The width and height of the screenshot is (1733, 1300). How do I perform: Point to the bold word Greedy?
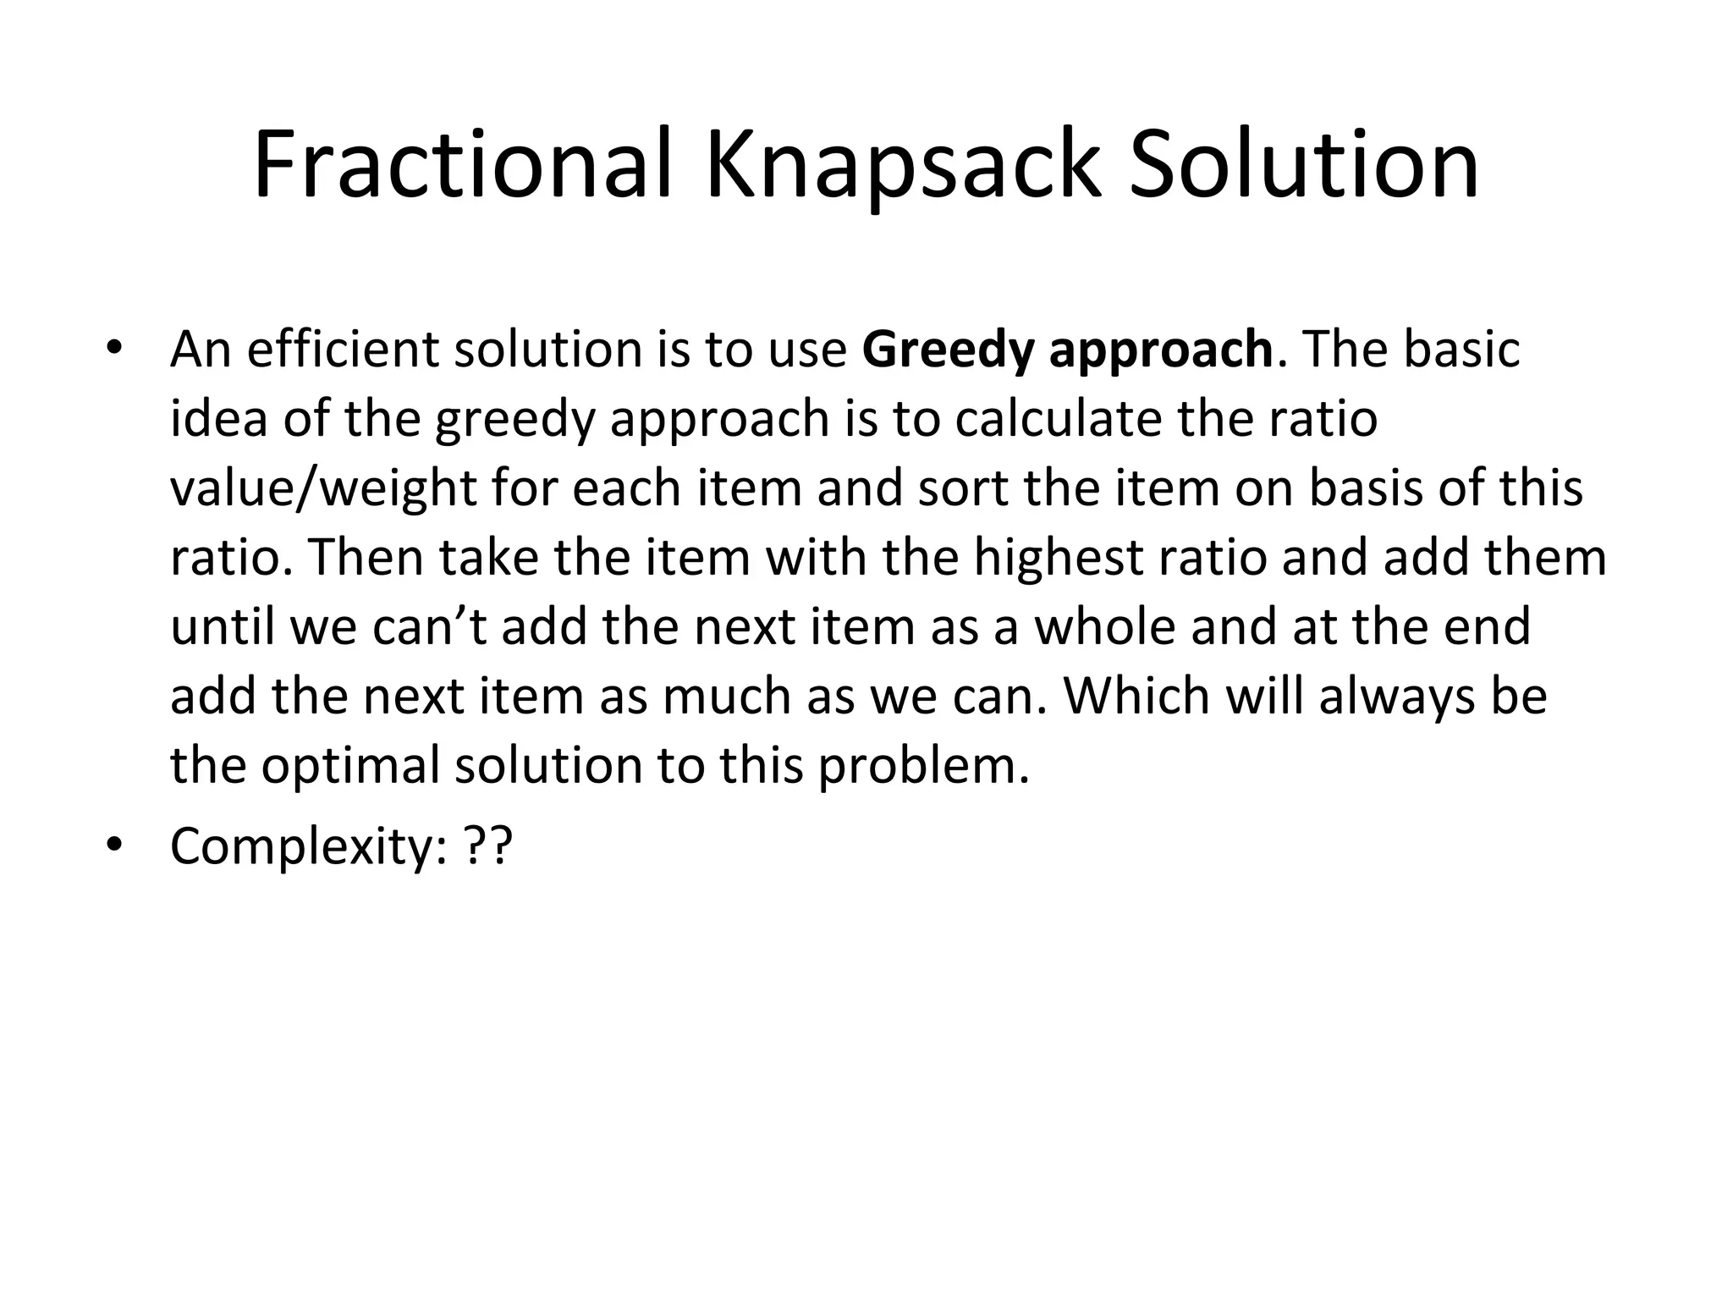click(x=949, y=350)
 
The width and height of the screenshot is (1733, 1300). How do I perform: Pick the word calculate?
click(x=1058, y=418)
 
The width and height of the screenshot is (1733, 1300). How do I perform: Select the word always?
click(x=1389, y=697)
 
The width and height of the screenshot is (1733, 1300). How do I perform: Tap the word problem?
click(x=922, y=767)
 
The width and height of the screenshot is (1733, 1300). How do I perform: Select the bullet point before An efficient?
click(x=115, y=349)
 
